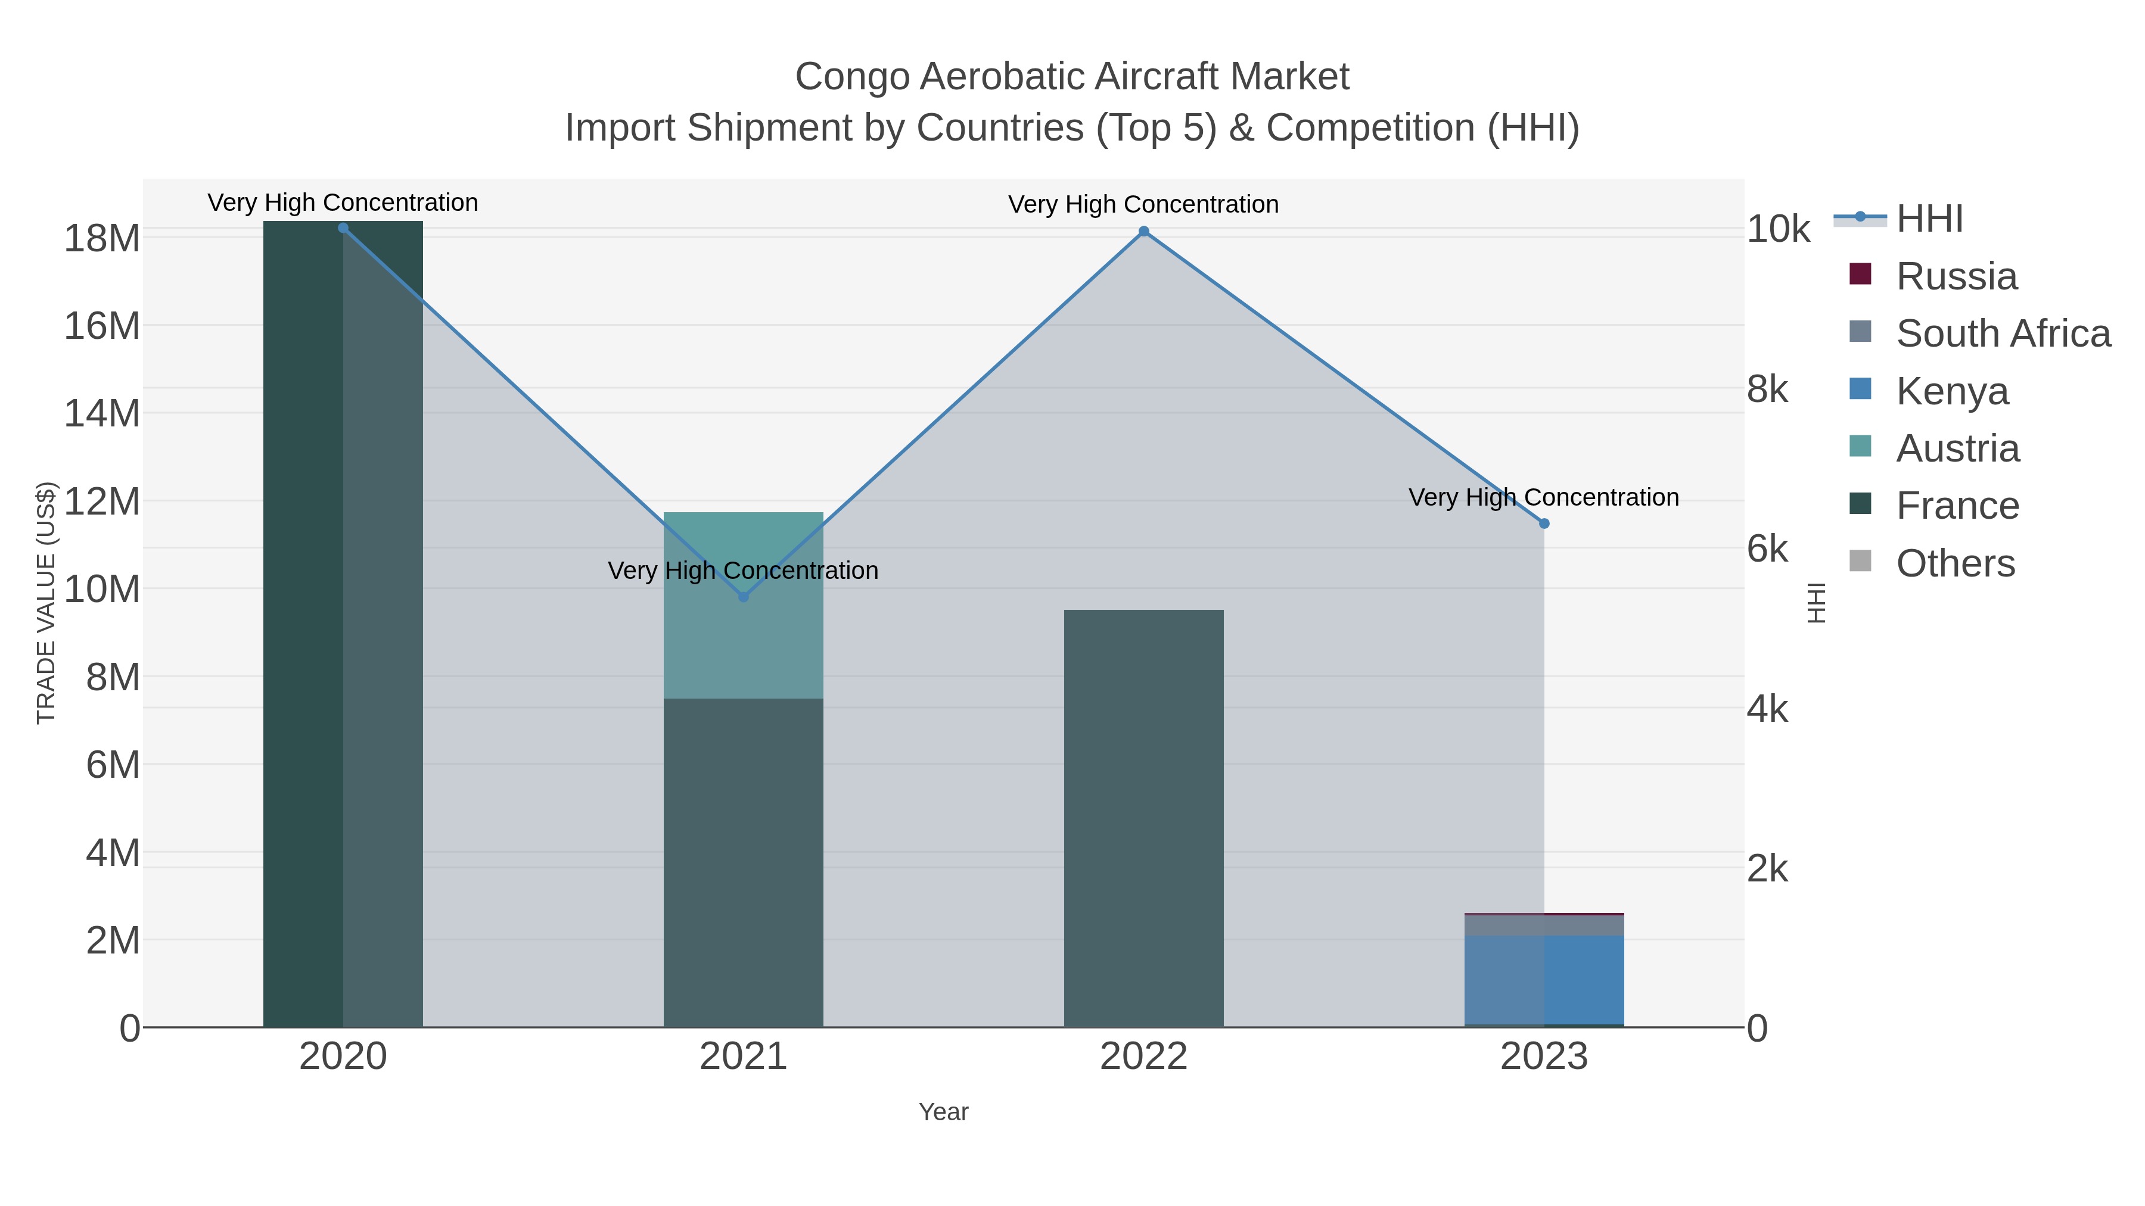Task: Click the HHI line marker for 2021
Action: point(744,597)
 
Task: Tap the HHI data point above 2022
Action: point(1143,232)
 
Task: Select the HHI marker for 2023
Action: point(1544,523)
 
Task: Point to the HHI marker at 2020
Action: point(343,228)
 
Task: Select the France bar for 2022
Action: point(1143,818)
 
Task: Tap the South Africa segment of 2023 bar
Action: point(1544,925)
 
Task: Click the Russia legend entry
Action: point(1956,276)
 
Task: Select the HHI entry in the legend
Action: point(1929,219)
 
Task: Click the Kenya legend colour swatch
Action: point(1860,389)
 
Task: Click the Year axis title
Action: point(943,1112)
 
